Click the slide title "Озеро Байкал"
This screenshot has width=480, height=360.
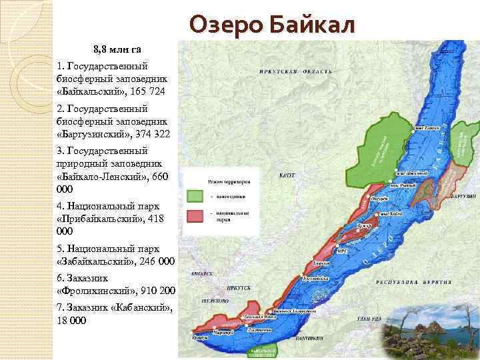(273, 24)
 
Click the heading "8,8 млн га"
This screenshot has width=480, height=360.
(117, 49)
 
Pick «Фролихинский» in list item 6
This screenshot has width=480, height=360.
(97, 291)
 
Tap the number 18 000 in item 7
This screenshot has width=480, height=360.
(72, 321)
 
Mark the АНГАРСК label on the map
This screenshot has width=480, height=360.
(201, 273)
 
